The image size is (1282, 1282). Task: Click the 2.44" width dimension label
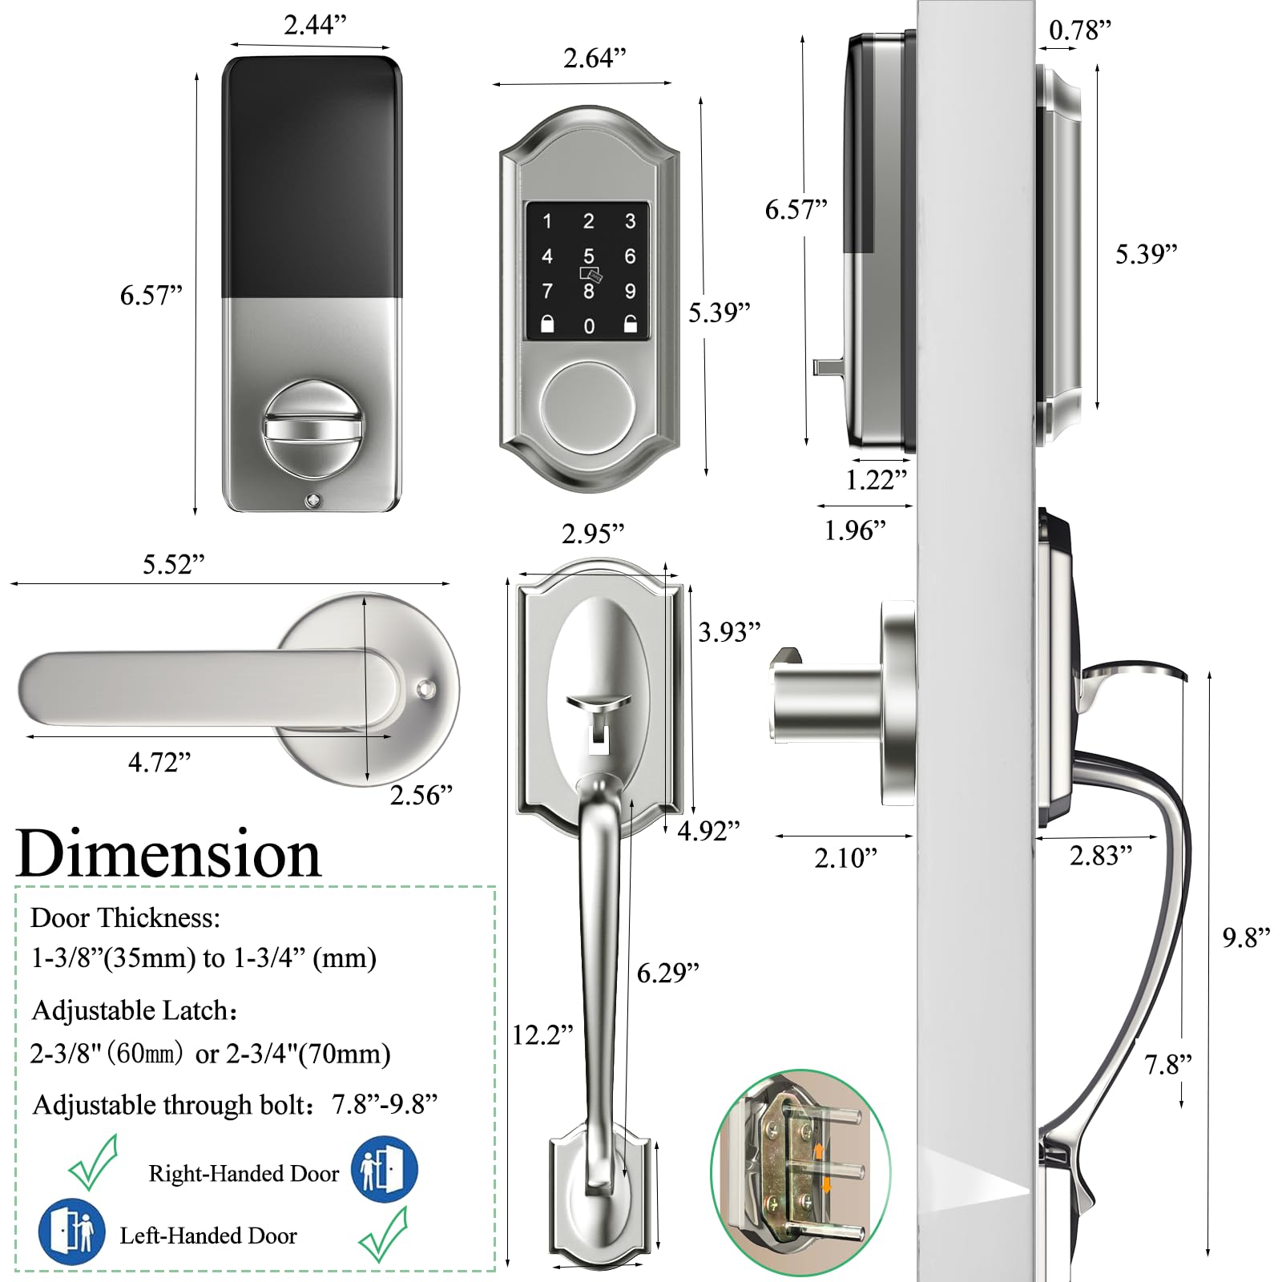coord(315,25)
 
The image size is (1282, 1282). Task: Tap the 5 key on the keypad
coord(589,256)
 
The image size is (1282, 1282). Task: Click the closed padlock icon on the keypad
coord(547,325)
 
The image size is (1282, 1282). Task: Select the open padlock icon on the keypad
coord(631,325)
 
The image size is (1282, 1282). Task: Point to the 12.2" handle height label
coord(542,1035)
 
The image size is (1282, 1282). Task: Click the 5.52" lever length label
coord(173,564)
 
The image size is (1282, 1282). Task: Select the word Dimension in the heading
coord(168,854)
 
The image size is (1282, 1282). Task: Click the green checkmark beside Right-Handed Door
coord(93,1163)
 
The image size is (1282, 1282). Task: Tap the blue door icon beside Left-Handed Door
coord(71,1231)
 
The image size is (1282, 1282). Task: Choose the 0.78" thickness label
coord(1080,30)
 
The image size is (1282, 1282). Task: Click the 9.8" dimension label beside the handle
coord(1246,937)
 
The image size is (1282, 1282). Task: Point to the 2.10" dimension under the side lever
coord(845,858)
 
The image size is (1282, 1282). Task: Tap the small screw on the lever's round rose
coord(425,687)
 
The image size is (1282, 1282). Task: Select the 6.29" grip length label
coord(667,973)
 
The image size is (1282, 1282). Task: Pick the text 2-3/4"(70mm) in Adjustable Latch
coord(308,1054)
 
